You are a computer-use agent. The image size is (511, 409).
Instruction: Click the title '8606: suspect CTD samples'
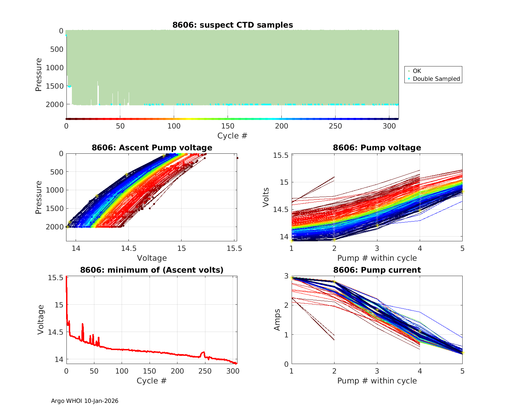pyautogui.click(x=233, y=25)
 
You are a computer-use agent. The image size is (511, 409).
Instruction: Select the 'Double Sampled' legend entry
pyautogui.click(x=436, y=79)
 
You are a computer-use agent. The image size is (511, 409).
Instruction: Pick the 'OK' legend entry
pyautogui.click(x=417, y=71)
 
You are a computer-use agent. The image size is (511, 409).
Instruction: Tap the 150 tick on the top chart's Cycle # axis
pyautogui.click(x=228, y=126)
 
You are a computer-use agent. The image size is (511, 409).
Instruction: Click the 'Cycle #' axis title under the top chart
pyautogui.click(x=232, y=136)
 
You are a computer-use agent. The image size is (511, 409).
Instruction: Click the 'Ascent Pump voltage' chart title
pyautogui.click(x=152, y=148)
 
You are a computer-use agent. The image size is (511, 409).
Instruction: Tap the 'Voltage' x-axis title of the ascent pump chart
pyautogui.click(x=152, y=258)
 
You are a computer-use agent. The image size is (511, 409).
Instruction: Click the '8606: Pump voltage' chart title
pyautogui.click(x=377, y=148)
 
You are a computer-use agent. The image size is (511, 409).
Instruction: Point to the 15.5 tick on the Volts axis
pyautogui.click(x=281, y=155)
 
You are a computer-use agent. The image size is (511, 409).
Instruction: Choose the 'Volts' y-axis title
pyautogui.click(x=266, y=197)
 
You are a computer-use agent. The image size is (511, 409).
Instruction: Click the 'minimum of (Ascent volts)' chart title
pyautogui.click(x=152, y=270)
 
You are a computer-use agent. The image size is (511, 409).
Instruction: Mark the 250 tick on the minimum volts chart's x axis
pyautogui.click(x=205, y=371)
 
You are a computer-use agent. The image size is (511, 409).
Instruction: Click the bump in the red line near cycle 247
pyautogui.click(x=203, y=353)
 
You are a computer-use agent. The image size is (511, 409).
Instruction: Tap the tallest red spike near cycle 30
pyautogui.click(x=82, y=324)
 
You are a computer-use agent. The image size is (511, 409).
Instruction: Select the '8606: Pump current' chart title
pyautogui.click(x=377, y=270)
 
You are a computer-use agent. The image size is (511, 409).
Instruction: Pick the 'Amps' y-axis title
pyautogui.click(x=277, y=319)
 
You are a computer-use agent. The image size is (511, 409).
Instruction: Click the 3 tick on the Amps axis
pyautogui.click(x=286, y=276)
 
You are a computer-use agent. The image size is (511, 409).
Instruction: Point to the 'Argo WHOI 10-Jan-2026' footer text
pyautogui.click(x=84, y=401)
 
